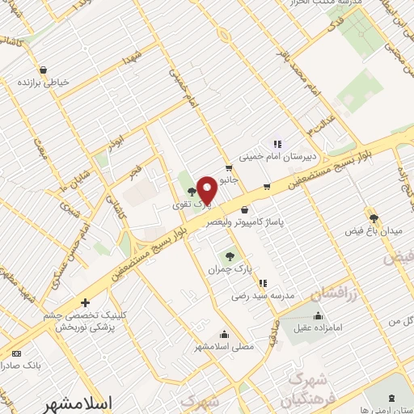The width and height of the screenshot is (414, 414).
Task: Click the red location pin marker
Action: point(206,189)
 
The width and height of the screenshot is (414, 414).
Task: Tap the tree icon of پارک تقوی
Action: point(191,192)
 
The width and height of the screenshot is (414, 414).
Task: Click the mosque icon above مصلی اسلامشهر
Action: point(225,335)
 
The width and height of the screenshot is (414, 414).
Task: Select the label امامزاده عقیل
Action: point(318,327)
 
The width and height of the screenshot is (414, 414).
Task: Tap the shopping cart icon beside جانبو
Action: point(230,168)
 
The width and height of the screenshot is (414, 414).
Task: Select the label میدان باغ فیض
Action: point(374,232)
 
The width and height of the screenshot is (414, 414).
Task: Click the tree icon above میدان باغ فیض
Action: point(374,218)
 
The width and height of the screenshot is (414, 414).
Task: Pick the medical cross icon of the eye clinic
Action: point(85,303)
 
